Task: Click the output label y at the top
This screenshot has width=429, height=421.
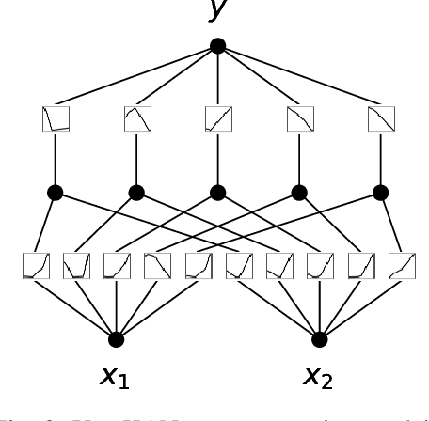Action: click(218, 9)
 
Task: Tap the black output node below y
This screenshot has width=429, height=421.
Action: click(218, 46)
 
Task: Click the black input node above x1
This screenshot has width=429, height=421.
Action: click(116, 339)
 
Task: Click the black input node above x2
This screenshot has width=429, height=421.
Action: click(320, 339)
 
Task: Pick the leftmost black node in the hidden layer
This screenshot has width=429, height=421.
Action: click(56, 193)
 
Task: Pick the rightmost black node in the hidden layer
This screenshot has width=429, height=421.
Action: click(381, 193)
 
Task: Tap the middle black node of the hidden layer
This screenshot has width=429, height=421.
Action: click(218, 193)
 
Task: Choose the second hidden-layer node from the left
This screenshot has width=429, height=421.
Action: click(136, 193)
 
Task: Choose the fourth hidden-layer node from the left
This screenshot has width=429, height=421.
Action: click(299, 193)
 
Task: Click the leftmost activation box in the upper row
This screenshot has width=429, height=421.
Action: click(56, 119)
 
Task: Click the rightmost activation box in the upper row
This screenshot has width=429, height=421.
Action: click(381, 119)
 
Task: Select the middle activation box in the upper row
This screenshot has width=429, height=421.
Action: click(218, 119)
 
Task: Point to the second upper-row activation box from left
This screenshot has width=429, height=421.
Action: click(137, 119)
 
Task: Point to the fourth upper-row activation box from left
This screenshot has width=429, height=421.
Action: click(300, 119)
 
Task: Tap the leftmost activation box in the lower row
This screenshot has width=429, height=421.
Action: click(36, 266)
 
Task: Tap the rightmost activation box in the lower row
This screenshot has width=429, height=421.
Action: click(402, 266)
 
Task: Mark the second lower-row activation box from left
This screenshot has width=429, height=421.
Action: click(76, 266)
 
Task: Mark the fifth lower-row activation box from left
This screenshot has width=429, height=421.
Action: click(199, 266)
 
